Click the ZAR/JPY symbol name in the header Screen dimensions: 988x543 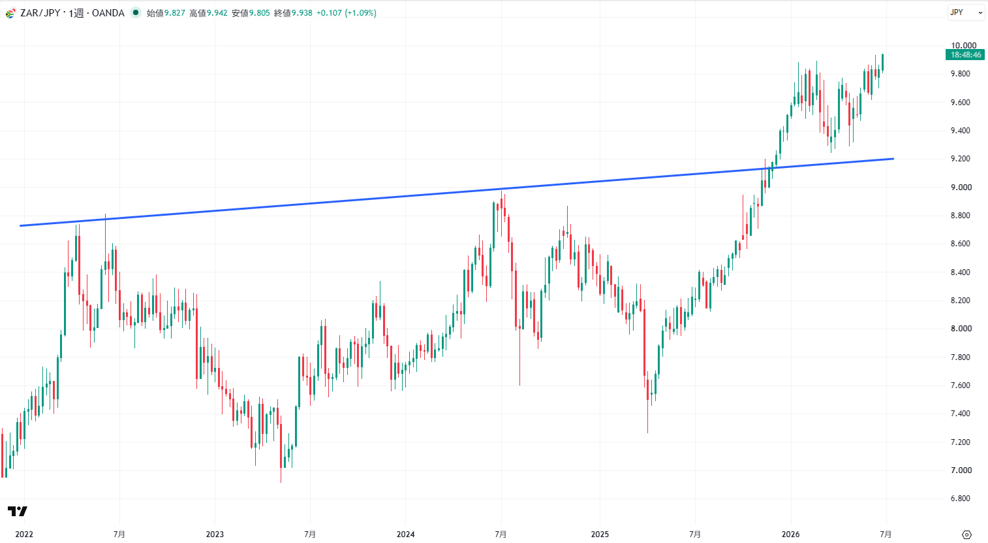point(40,13)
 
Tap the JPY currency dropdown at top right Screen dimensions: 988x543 point(966,12)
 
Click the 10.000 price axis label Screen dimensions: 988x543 point(964,46)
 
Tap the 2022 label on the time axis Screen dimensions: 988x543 point(24,534)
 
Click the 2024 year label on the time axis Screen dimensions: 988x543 point(406,534)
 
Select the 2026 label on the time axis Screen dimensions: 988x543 point(791,534)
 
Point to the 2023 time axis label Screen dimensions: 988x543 point(215,534)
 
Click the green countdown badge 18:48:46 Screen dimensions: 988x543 point(965,55)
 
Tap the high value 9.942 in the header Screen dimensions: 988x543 point(217,13)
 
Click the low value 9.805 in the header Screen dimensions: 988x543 point(259,13)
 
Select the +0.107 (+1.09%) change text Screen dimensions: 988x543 point(347,13)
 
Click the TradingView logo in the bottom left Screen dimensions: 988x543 point(18,511)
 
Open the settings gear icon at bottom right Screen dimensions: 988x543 point(966,535)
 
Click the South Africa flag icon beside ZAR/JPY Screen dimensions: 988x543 point(10,13)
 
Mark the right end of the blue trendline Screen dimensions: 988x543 point(893,159)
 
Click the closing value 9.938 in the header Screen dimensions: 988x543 point(301,13)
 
